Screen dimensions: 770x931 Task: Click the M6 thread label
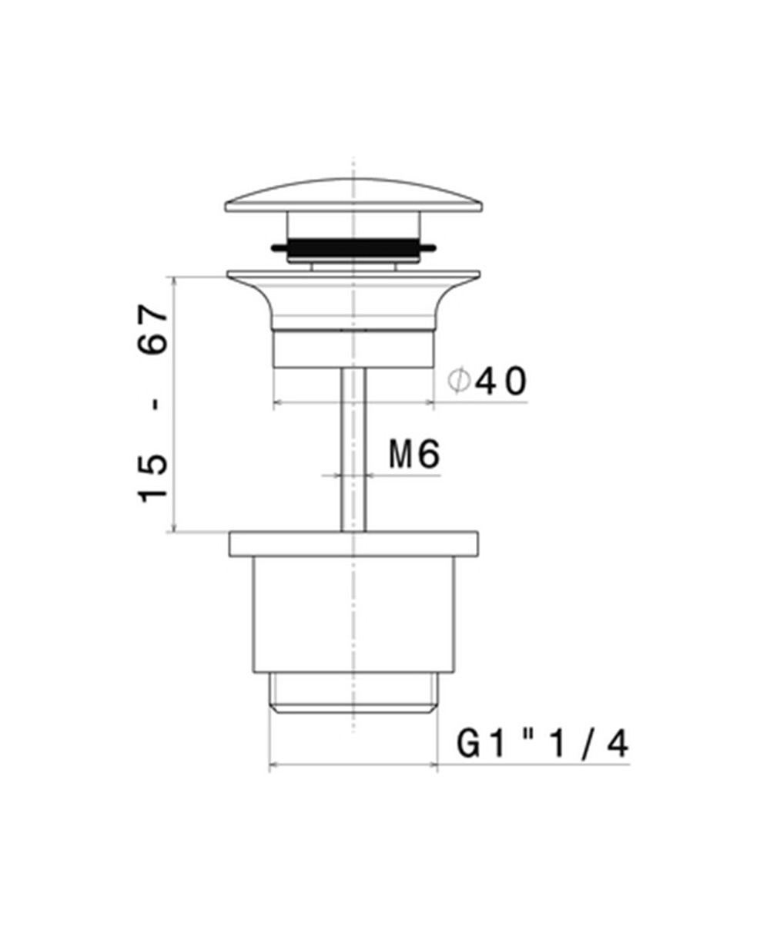[x=414, y=455]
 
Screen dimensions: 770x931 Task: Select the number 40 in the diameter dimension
[x=500, y=381]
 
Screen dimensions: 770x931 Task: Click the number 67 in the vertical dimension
[x=152, y=330]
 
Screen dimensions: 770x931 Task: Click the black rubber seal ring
[x=353, y=247]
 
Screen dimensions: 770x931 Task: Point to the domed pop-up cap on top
[x=353, y=195]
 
